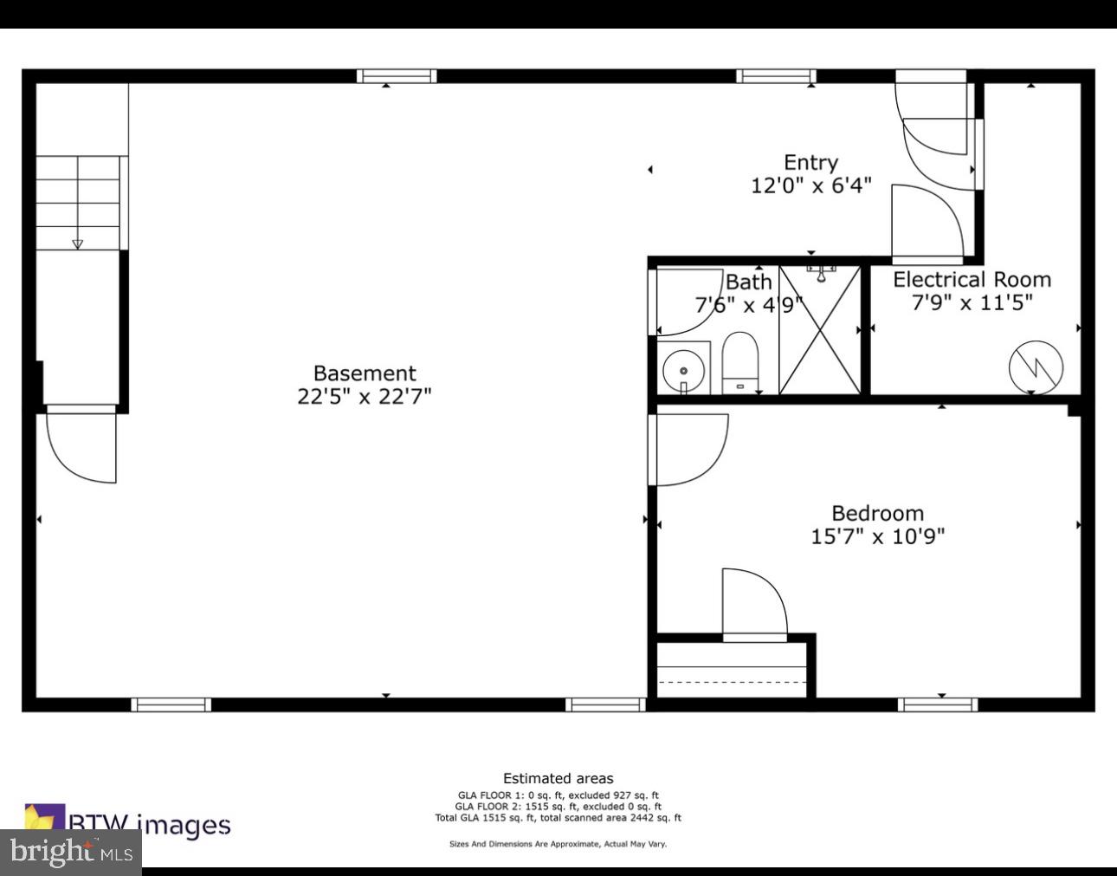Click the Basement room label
point(365,373)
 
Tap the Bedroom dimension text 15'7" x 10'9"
point(877,536)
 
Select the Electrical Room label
point(972,280)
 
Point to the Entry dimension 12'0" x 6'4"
point(810,185)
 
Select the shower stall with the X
point(819,330)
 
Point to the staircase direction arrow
point(78,243)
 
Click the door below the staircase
point(81,445)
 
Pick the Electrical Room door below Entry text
point(927,223)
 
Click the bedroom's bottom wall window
point(938,704)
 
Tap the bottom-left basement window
point(171,704)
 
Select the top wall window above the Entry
point(776,76)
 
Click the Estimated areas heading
point(558,778)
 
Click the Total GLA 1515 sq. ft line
point(558,817)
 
